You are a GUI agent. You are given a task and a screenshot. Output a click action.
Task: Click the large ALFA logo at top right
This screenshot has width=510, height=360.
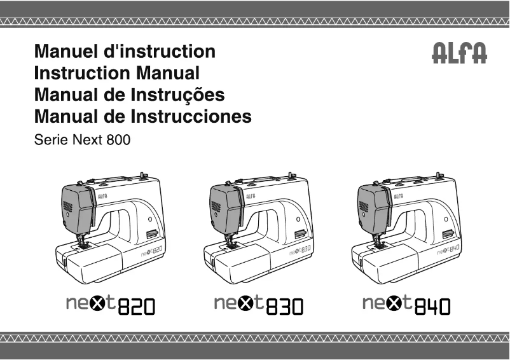pyautogui.click(x=460, y=53)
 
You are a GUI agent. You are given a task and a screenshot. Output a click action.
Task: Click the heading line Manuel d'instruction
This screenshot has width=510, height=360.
pyautogui.click(x=125, y=51)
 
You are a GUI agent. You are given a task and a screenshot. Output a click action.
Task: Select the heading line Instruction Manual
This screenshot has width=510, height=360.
pyautogui.click(x=116, y=73)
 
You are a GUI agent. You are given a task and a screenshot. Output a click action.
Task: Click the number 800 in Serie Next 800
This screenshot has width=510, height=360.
pyautogui.click(x=118, y=139)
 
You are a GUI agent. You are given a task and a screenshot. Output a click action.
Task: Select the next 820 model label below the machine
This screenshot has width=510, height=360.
pyautogui.click(x=110, y=305)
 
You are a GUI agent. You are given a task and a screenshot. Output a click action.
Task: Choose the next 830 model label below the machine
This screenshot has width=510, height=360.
pyautogui.click(x=259, y=305)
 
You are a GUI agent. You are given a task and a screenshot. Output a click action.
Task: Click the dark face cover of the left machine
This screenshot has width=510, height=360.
pyautogui.click(x=76, y=206)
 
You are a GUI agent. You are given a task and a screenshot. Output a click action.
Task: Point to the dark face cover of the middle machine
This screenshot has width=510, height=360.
pyautogui.click(x=224, y=206)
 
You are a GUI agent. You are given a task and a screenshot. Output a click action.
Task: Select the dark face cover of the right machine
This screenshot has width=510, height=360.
pyautogui.click(x=373, y=206)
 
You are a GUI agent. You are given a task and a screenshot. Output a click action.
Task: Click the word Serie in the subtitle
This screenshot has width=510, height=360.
pyautogui.click(x=46, y=139)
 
